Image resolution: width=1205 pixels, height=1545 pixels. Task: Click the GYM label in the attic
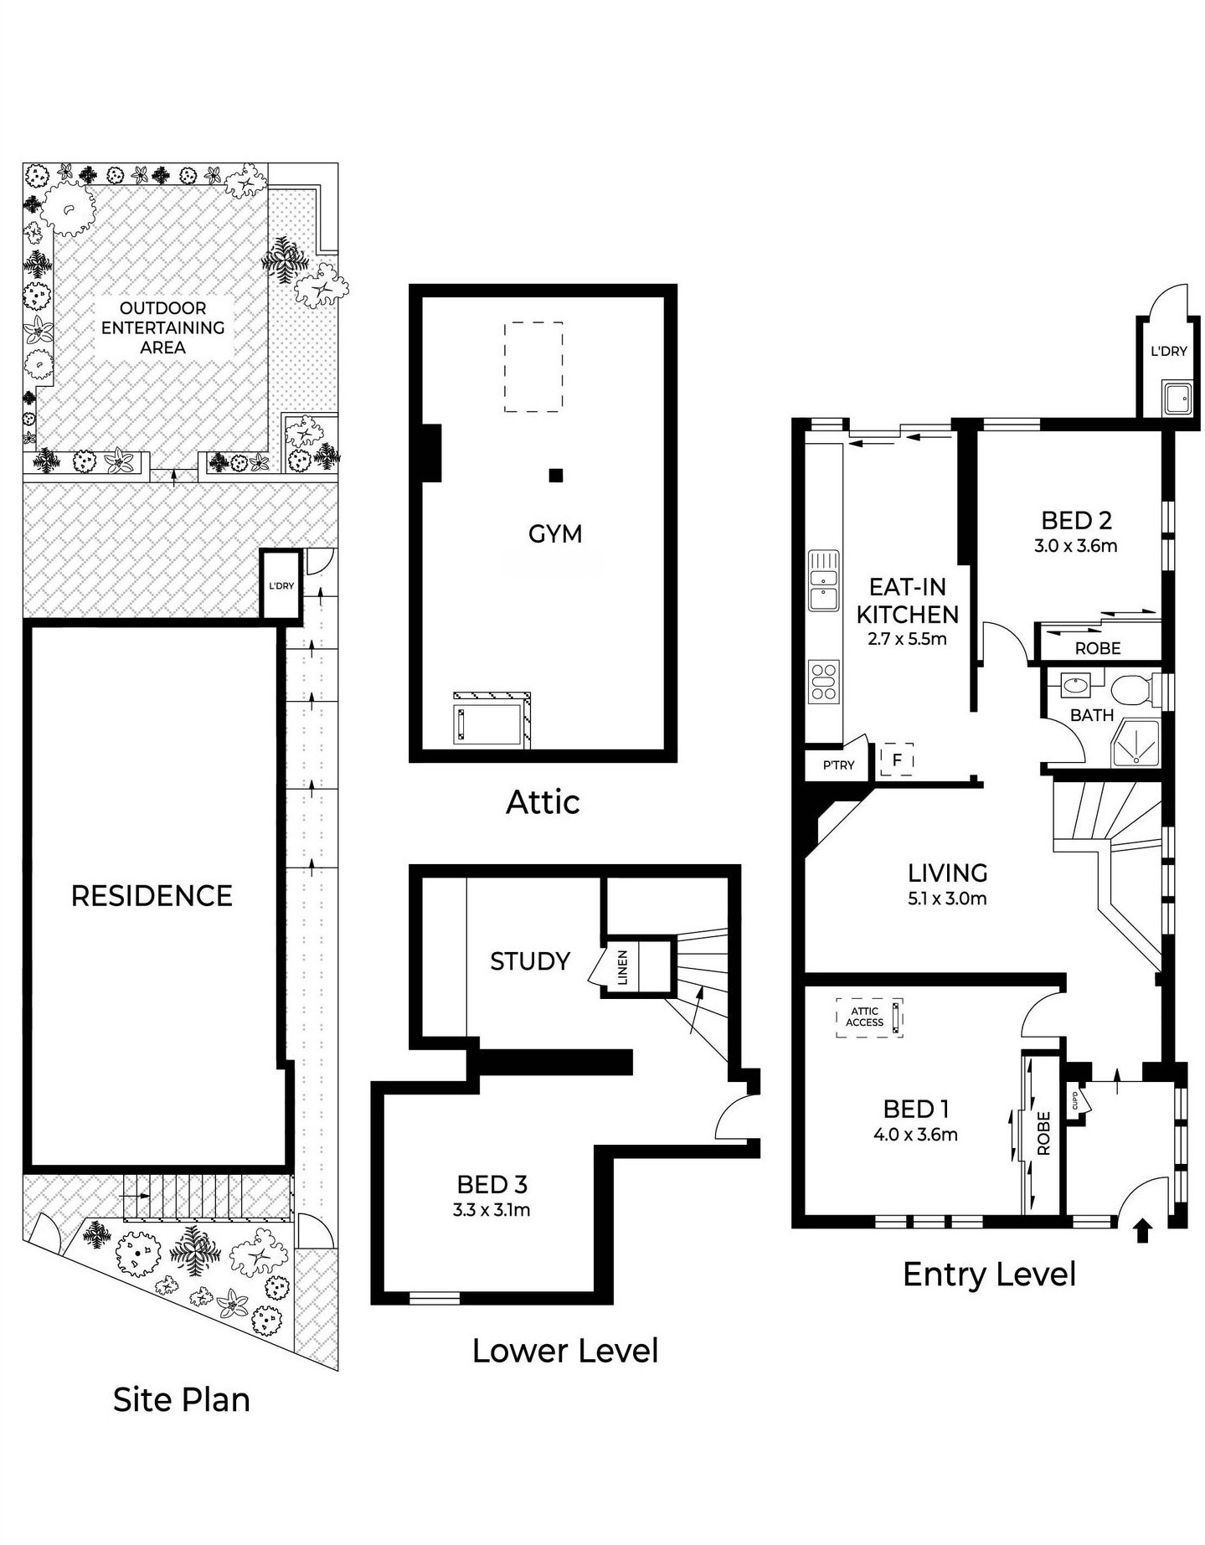point(554,533)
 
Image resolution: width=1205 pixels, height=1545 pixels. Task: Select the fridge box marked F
point(897,760)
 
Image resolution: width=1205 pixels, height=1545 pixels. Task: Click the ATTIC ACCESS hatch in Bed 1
point(869,1017)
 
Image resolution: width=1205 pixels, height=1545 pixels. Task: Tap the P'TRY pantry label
point(838,765)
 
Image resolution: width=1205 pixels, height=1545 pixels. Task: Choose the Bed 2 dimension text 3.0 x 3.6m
point(1075,546)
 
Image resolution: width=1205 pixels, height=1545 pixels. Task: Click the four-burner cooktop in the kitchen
point(824,681)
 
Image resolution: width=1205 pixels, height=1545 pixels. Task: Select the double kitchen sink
point(824,580)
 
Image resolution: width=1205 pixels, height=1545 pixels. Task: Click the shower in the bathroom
point(1135,743)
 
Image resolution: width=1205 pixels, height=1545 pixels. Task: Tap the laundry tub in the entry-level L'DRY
point(1175,399)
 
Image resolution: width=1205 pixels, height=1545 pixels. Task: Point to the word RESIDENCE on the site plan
point(152,896)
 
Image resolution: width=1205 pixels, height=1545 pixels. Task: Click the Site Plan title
point(182,1400)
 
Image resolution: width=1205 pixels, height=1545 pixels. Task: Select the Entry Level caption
point(989,1275)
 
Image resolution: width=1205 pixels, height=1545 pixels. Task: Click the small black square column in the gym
point(556,476)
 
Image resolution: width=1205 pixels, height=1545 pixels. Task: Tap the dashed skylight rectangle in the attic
point(533,367)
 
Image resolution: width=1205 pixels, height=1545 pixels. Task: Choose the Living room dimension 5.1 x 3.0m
point(947,899)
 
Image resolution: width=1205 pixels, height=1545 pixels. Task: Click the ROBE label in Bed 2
point(1097,648)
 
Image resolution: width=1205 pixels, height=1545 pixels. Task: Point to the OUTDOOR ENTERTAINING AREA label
point(162,327)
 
